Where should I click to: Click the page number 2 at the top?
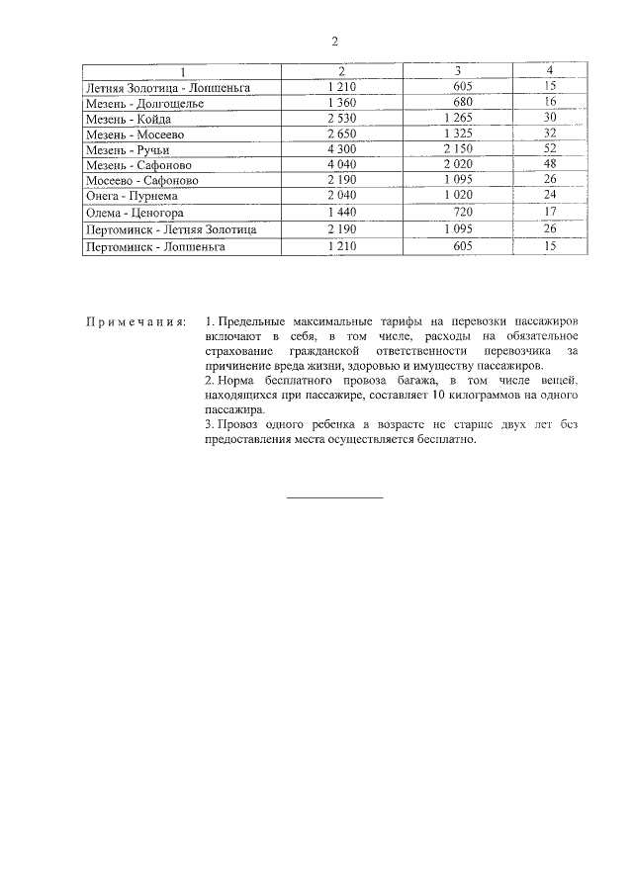(x=334, y=42)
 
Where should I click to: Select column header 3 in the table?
(x=457, y=71)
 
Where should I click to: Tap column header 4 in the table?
(x=550, y=71)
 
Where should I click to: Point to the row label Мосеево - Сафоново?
(x=141, y=181)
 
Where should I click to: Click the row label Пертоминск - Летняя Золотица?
(x=171, y=229)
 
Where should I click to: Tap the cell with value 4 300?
(x=340, y=149)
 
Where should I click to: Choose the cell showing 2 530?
(x=340, y=119)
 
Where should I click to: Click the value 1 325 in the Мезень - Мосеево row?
(x=459, y=134)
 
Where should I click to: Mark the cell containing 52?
(x=551, y=149)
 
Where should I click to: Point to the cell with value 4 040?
(x=340, y=165)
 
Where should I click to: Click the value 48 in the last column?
(x=551, y=165)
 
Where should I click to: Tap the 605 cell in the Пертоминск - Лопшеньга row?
(x=461, y=246)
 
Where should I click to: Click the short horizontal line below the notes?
(x=334, y=496)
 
